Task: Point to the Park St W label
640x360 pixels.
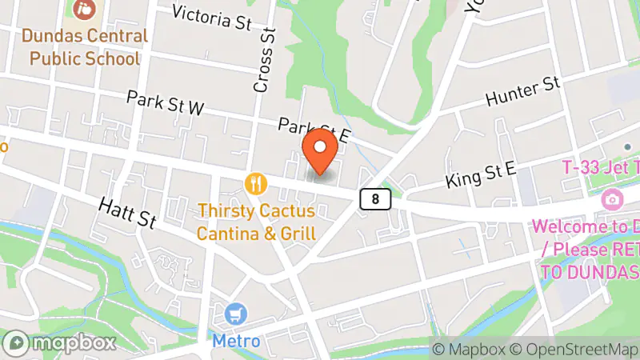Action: [x=165, y=106]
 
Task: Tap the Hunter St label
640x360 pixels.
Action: [x=522, y=94]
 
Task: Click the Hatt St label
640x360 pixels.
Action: [x=127, y=214]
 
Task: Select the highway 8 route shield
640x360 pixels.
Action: [x=375, y=198]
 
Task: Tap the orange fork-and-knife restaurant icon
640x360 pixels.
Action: [x=256, y=184]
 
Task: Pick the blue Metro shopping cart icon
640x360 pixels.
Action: [x=235, y=313]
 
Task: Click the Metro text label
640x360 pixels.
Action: [x=236, y=341]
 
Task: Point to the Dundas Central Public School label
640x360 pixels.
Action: [x=85, y=47]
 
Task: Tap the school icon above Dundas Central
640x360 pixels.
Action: [x=83, y=10]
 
